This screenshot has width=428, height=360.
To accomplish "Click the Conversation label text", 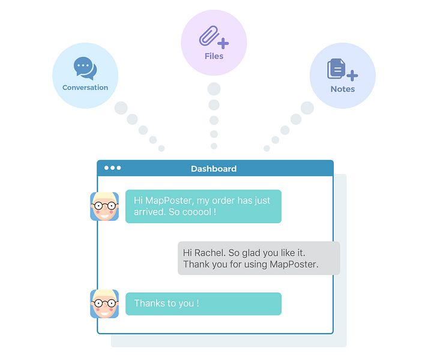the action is click(x=85, y=88).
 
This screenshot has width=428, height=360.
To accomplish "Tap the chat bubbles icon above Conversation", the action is click(x=85, y=68).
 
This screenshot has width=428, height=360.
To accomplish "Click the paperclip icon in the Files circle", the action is click(x=209, y=35).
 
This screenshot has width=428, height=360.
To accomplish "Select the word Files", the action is click(x=214, y=56).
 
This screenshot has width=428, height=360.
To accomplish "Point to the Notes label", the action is click(x=343, y=89).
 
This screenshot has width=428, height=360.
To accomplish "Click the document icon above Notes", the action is click(x=336, y=68).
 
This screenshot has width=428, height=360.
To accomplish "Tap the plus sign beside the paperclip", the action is click(x=223, y=43).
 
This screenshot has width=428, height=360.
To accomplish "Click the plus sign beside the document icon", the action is click(x=352, y=76).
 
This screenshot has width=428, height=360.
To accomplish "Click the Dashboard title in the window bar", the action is click(x=214, y=169).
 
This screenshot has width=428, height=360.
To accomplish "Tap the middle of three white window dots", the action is click(x=112, y=168).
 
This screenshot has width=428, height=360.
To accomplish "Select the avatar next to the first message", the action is click(x=104, y=206).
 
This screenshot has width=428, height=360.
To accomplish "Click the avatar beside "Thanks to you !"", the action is click(x=104, y=304).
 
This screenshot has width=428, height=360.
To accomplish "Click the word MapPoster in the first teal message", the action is click(x=169, y=200).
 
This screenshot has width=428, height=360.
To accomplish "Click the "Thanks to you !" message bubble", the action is click(x=203, y=304).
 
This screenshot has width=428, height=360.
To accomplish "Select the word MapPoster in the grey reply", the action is click(x=294, y=264).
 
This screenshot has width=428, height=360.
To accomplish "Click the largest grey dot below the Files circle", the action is click(x=214, y=89).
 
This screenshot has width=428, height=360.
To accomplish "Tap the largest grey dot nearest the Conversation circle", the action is click(x=121, y=108).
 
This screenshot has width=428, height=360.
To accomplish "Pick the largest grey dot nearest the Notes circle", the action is click(x=307, y=108).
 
